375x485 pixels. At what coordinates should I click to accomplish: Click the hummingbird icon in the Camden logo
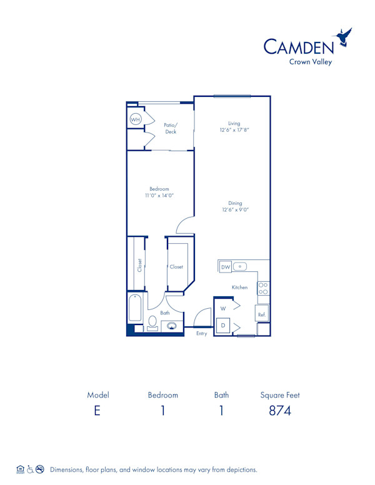tap(344, 38)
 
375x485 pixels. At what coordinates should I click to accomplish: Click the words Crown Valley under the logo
tap(310, 61)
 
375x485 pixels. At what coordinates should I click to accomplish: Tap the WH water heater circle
tap(135, 119)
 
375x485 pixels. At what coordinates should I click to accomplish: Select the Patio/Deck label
tap(171, 128)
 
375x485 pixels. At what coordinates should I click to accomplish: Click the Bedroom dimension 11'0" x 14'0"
tap(159, 196)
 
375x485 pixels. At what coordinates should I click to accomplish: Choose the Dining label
tap(234, 203)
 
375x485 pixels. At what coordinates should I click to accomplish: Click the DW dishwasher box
tap(226, 267)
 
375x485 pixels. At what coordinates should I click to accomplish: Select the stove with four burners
tap(264, 287)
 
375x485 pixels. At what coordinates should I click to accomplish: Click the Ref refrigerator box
tap(262, 314)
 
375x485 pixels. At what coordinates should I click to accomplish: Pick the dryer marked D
tap(222, 326)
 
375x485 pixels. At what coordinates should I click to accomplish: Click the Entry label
tap(201, 334)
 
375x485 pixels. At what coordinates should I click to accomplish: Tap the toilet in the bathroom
tap(152, 322)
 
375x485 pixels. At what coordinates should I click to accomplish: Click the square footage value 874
tap(279, 411)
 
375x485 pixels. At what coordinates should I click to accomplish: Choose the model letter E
tap(97, 411)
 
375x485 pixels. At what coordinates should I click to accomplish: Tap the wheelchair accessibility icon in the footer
tap(30, 469)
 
